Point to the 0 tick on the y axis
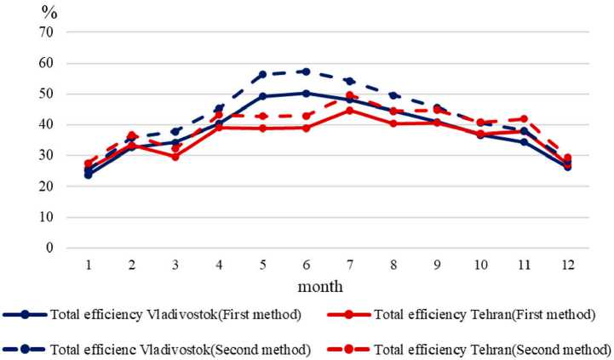click(49, 248)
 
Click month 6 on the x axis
click(305, 266)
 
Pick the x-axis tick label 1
click(89, 266)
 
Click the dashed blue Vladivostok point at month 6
click(306, 71)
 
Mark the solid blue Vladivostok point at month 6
click(306, 94)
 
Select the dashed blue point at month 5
click(262, 75)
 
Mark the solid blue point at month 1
click(89, 174)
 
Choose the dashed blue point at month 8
click(393, 95)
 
